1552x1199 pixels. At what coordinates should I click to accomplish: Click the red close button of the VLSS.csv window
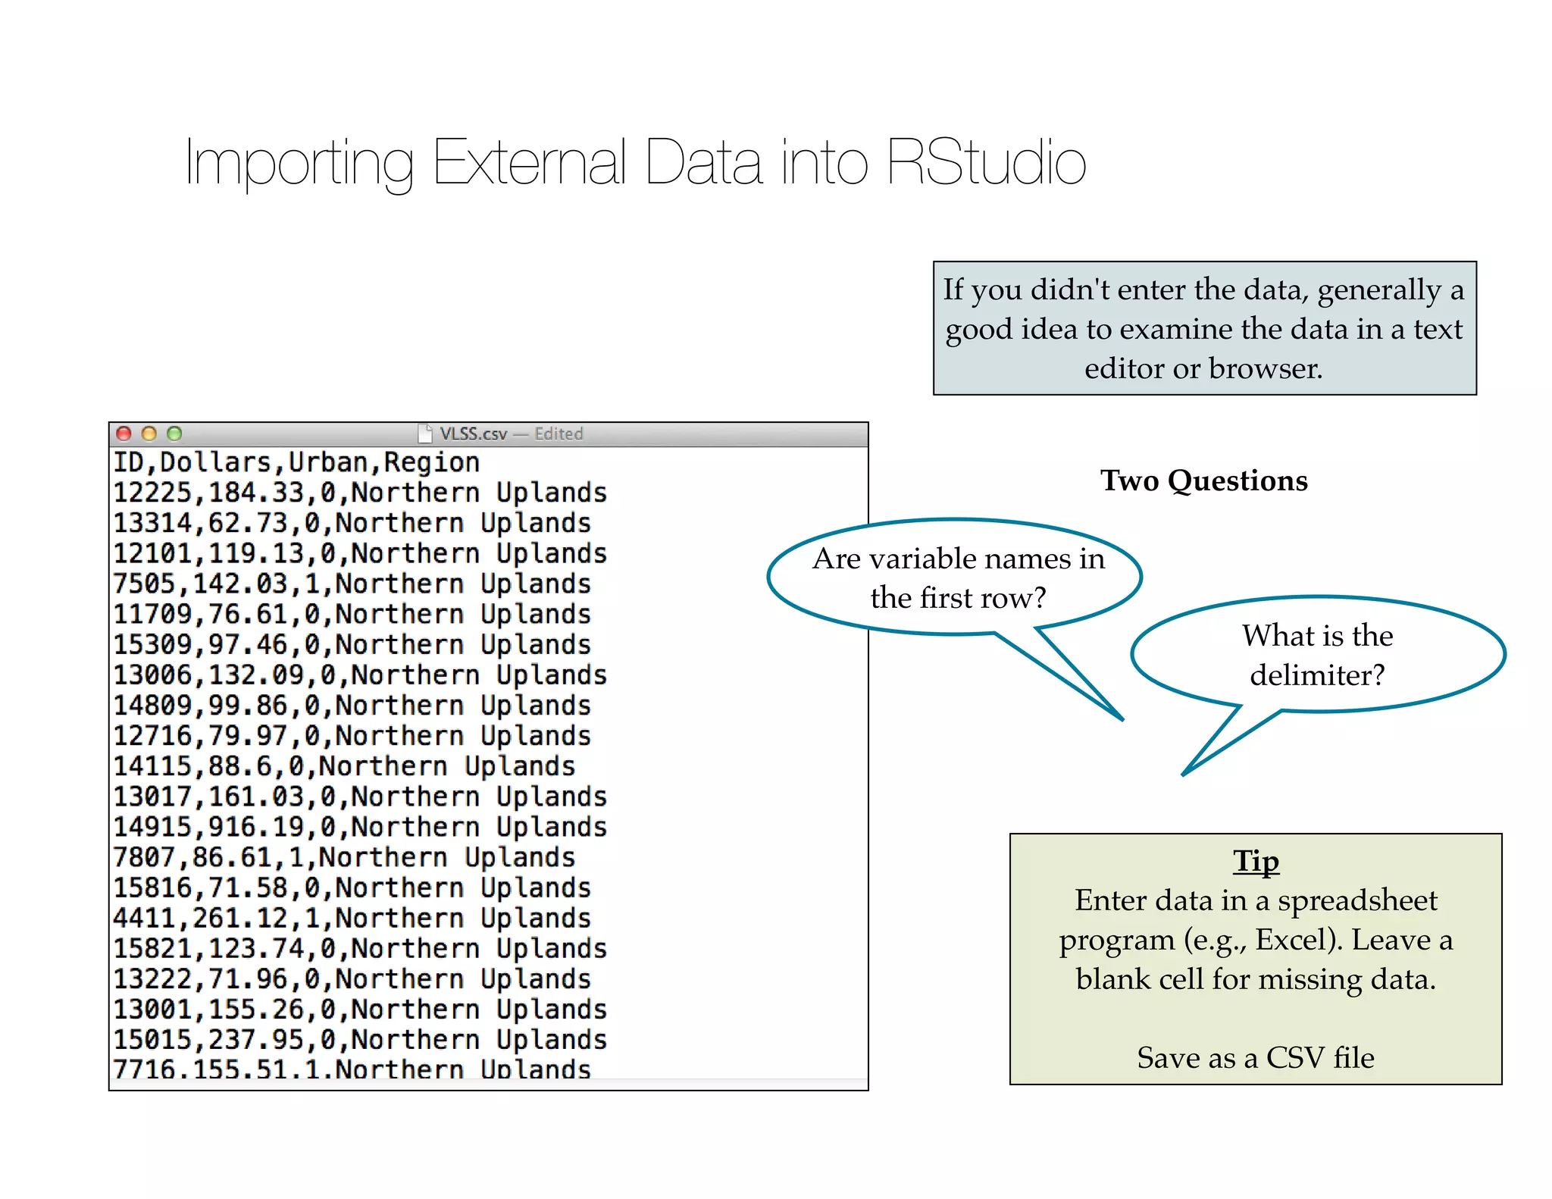[x=124, y=434]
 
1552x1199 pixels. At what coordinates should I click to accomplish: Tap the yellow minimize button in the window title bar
[x=149, y=434]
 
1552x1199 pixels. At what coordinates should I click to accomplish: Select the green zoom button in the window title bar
[x=174, y=434]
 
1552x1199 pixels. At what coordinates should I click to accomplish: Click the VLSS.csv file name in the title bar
[x=473, y=434]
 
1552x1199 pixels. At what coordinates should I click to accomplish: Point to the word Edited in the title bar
[x=559, y=434]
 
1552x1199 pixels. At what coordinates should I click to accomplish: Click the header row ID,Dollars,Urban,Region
[x=296, y=462]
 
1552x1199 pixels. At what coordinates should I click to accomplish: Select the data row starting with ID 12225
[x=360, y=493]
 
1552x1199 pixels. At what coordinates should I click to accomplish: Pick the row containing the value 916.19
[x=360, y=827]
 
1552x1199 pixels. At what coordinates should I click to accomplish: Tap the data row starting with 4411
[x=352, y=918]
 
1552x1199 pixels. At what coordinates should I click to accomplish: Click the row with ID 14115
[x=344, y=766]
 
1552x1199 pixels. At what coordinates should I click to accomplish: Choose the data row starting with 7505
[x=352, y=584]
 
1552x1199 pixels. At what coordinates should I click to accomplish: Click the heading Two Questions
[x=1204, y=481]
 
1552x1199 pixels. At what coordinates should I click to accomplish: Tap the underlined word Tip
[x=1256, y=861]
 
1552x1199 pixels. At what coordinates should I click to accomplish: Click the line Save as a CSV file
[x=1256, y=1057]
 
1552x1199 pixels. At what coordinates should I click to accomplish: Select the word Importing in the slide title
[x=299, y=162]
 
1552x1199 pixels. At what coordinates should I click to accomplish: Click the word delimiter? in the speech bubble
[x=1317, y=675]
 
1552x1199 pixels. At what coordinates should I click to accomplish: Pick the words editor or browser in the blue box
[x=1203, y=368]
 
